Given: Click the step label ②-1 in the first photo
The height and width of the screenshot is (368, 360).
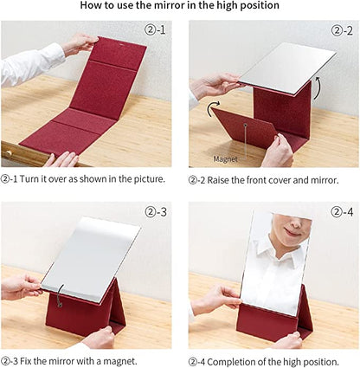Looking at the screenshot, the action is pos(155,29).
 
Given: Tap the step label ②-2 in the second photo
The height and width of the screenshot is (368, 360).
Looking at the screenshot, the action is pos(342,30).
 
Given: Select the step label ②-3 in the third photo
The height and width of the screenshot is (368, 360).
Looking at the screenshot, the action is pos(156,212).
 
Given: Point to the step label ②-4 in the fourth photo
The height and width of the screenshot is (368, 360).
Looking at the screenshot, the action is pos(342,212).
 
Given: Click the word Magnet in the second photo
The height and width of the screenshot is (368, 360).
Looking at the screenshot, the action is pos(226,158).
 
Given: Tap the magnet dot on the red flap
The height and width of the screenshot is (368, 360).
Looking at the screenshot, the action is pos(245,125).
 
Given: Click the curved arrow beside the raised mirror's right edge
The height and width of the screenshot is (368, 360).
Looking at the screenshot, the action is pos(317,87).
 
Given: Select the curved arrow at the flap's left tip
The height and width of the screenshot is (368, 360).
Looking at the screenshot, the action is pos(213,109).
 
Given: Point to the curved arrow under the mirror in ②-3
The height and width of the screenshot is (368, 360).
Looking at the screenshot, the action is pos(61,295).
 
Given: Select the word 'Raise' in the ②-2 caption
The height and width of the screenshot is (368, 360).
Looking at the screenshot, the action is pos(218,180).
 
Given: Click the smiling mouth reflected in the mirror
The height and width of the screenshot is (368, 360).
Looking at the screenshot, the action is pos(292,231).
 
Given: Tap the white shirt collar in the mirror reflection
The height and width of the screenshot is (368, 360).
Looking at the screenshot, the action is pos(276,251).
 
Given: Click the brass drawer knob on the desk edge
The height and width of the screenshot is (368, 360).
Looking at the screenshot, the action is pos(8,153).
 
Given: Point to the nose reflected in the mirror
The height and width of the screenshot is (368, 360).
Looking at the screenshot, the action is pos(293,222).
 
